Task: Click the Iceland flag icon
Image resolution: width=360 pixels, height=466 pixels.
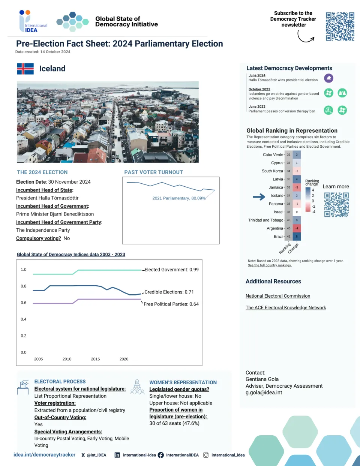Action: pyautogui.click(x=25, y=69)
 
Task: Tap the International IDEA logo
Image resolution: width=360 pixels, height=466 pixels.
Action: pyautogui.click(x=33, y=21)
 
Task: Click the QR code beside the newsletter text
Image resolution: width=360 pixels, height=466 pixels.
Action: pyautogui.click(x=340, y=26)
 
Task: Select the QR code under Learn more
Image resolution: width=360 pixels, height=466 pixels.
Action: pyautogui.click(x=336, y=205)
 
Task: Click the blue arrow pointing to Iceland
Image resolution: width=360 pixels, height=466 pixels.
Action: pyautogui.click(x=259, y=197)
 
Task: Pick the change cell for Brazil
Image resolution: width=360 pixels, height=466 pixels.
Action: pyautogui.click(x=297, y=236)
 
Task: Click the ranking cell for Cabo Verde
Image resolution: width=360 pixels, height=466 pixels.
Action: pyautogui.click(x=289, y=154)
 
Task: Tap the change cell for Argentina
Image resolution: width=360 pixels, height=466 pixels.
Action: pyautogui.click(x=297, y=228)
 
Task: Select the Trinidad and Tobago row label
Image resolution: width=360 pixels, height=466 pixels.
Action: pyautogui.click(x=265, y=220)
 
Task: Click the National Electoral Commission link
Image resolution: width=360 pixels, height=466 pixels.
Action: pyautogui.click(x=278, y=296)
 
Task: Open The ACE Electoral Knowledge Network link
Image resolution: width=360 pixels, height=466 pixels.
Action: pyautogui.click(x=286, y=307)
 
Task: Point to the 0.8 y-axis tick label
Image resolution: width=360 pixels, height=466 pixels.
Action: pyautogui.click(x=24, y=286)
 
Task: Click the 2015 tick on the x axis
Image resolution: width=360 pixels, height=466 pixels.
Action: pyautogui.click(x=95, y=359)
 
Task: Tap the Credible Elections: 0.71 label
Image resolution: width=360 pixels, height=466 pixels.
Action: pyautogui.click(x=169, y=292)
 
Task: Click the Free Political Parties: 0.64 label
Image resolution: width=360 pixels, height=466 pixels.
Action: pyautogui.click(x=171, y=304)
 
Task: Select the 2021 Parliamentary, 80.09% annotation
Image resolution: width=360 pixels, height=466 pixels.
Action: pyautogui.click(x=179, y=198)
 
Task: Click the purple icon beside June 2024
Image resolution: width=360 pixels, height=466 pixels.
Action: pyautogui.click(x=328, y=78)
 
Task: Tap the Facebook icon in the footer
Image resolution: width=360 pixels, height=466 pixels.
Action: pyautogui.click(x=161, y=455)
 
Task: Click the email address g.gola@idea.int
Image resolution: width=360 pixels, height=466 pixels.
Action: pyautogui.click(x=264, y=393)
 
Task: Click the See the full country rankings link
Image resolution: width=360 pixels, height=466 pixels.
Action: pyautogui.click(x=270, y=265)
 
